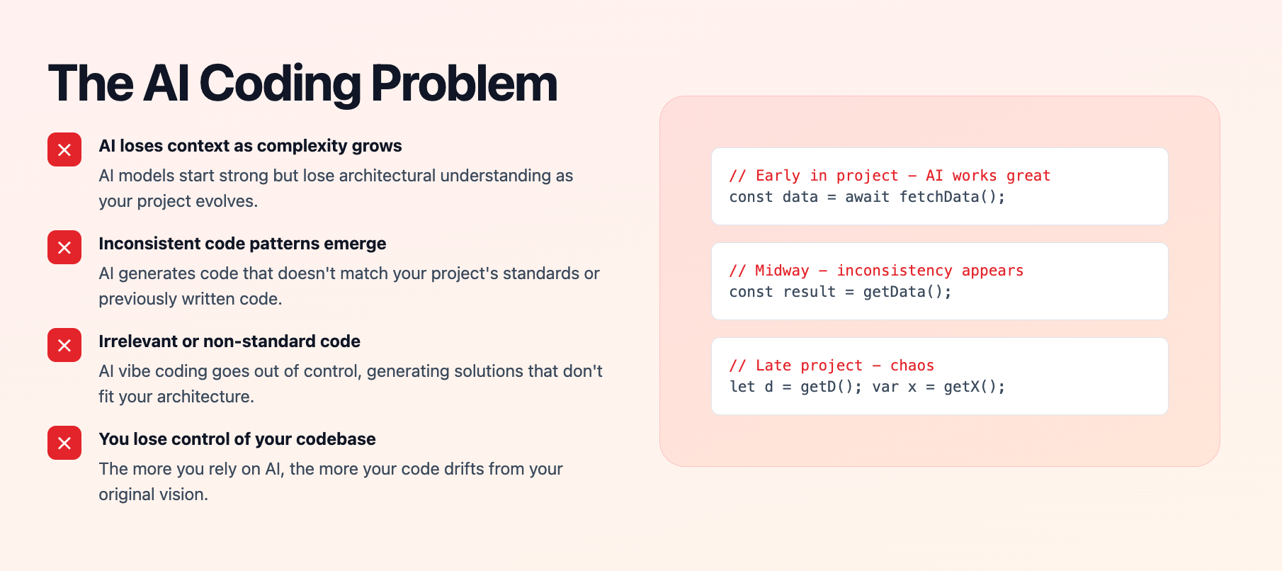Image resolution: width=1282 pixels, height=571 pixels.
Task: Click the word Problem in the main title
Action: (x=465, y=84)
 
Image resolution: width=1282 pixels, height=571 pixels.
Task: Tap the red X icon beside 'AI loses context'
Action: (x=64, y=149)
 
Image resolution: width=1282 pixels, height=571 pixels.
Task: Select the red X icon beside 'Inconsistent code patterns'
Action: (x=64, y=247)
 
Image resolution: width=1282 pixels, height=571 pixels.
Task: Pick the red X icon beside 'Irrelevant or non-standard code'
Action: (x=64, y=345)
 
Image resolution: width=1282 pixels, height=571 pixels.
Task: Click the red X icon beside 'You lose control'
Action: (x=64, y=443)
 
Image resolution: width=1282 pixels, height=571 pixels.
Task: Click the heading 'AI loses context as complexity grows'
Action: (x=250, y=146)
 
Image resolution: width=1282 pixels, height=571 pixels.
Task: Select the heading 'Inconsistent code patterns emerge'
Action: (x=242, y=244)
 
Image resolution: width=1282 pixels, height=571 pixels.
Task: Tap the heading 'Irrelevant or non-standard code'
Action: (x=229, y=341)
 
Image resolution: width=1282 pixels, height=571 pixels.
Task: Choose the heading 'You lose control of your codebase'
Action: (x=237, y=439)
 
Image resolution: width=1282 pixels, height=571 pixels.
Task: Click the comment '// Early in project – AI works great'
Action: (x=890, y=176)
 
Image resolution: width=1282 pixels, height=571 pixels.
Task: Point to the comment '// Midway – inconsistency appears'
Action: (x=876, y=271)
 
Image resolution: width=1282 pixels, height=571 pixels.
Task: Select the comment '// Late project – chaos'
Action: (x=832, y=366)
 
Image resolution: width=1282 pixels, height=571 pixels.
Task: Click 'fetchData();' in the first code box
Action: (x=952, y=197)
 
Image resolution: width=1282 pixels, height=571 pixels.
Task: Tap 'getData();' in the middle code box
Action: (x=907, y=292)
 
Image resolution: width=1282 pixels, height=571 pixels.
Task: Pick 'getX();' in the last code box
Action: (x=975, y=387)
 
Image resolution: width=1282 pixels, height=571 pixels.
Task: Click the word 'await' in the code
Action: (x=868, y=197)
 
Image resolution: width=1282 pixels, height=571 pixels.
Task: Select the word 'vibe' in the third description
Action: (x=135, y=371)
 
